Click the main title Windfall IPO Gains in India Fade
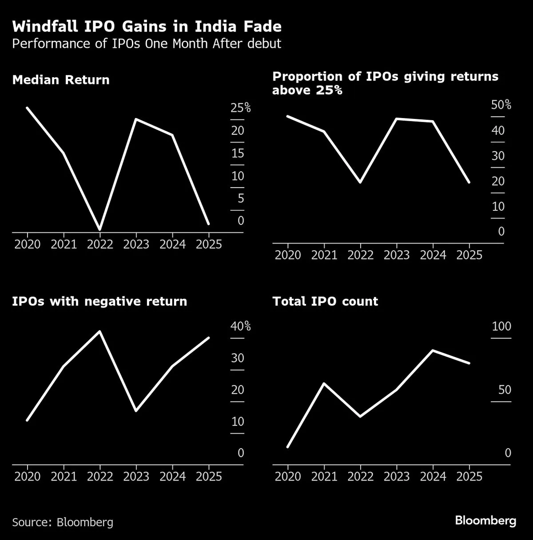[147, 27]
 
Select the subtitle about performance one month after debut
[147, 44]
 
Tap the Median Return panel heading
[61, 80]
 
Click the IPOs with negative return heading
[99, 301]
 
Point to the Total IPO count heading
[325, 301]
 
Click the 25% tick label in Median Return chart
[241, 108]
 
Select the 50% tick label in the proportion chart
[501, 105]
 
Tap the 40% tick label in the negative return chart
[241, 327]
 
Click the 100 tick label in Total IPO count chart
[501, 327]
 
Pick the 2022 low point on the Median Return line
[100, 229]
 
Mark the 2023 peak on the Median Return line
[136, 119]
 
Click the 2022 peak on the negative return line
[100, 331]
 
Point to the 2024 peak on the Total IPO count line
[433, 351]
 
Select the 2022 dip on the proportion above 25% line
[360, 182]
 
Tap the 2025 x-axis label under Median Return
[209, 244]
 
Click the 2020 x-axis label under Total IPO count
[288, 477]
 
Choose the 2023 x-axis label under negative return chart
[136, 477]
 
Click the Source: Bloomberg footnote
[63, 522]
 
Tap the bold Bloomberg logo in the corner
[485, 520]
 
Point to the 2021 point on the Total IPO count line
[324, 383]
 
